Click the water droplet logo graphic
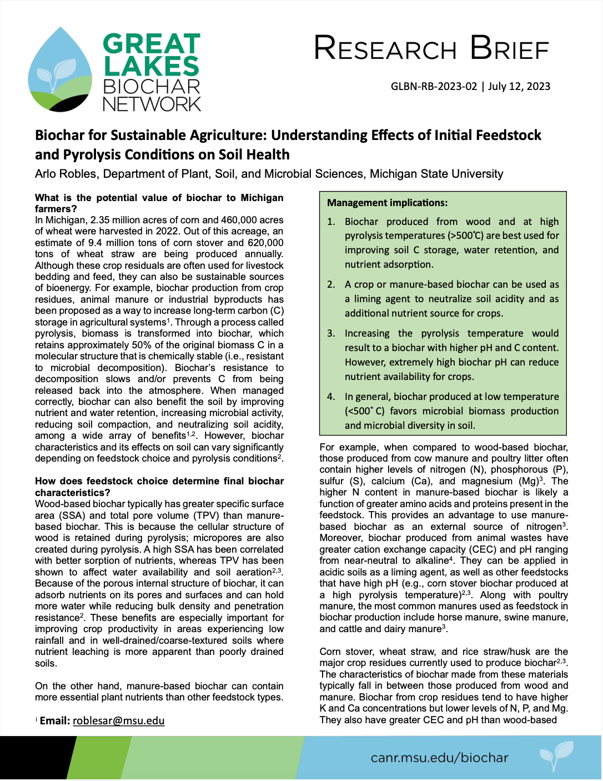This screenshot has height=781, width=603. click(x=60, y=69)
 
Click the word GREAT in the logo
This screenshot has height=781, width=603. click(x=151, y=44)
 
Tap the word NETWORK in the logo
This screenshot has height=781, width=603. click(x=152, y=104)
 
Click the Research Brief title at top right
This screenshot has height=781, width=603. click(x=431, y=48)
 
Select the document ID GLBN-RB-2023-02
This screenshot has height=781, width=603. click(x=434, y=86)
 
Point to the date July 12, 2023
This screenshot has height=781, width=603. click(x=519, y=86)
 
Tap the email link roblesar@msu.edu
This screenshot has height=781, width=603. click(x=118, y=720)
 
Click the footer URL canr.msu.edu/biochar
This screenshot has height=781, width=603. click(x=439, y=758)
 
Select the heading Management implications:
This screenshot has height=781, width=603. click(x=388, y=203)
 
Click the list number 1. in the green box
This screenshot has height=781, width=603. click(x=331, y=222)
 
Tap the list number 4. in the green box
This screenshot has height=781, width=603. click(x=331, y=397)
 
